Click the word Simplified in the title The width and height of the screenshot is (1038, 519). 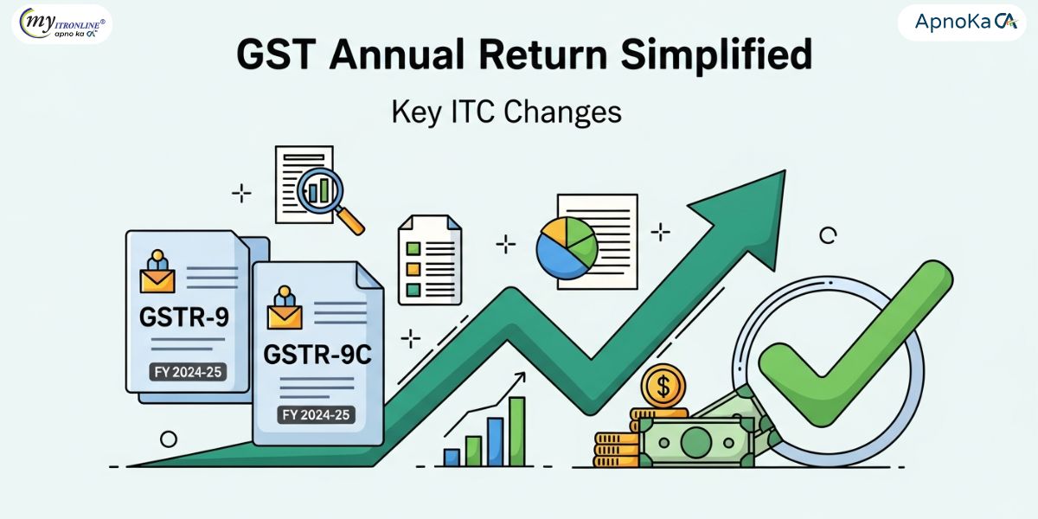(716, 54)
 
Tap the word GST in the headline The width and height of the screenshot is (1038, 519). (276, 54)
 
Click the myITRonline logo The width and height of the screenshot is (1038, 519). (62, 23)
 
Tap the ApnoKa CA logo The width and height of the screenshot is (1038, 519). (962, 22)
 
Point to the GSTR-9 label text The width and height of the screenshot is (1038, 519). (184, 317)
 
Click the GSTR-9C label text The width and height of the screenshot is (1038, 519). (317, 355)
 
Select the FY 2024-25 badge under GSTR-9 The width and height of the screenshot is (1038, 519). (188, 372)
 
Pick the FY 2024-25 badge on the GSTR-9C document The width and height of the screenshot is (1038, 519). (316, 414)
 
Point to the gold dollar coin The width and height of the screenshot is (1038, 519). (663, 386)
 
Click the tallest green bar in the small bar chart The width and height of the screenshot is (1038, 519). (517, 432)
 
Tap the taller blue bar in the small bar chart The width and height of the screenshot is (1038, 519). (496, 442)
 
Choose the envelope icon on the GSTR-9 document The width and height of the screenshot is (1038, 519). (157, 281)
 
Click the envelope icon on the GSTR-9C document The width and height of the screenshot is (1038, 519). (285, 317)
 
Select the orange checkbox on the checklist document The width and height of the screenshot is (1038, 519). (413, 269)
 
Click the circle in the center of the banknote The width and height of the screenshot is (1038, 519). (696, 443)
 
